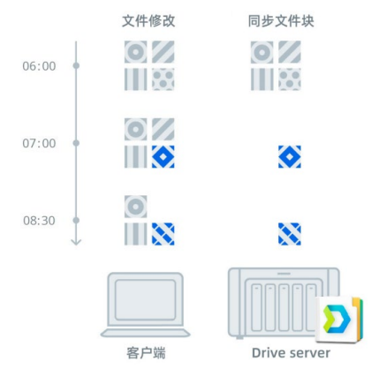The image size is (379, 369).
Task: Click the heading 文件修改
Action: tap(148, 21)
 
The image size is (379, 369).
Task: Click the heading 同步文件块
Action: tap(281, 21)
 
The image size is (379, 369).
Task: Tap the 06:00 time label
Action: tap(39, 66)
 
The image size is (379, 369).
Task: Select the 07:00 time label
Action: tap(39, 144)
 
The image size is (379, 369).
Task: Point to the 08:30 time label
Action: tap(39, 221)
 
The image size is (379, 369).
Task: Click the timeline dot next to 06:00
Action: tap(76, 65)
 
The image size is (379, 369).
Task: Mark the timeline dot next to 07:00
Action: tap(76, 143)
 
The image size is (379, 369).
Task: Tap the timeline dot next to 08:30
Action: tap(76, 220)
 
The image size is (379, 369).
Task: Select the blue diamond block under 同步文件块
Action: tap(290, 157)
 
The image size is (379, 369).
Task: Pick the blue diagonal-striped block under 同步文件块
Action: tap(290, 234)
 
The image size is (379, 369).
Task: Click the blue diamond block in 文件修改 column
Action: tap(163, 157)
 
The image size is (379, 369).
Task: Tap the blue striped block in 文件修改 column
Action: tap(163, 234)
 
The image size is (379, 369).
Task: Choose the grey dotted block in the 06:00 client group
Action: tap(163, 79)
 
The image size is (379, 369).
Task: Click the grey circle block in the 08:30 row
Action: tap(135, 207)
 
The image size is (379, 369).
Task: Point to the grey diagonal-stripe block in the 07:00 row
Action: tap(163, 130)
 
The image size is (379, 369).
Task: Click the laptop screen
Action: tap(146, 300)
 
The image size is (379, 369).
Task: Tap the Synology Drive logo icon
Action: tap(339, 320)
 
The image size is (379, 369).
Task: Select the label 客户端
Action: tap(146, 353)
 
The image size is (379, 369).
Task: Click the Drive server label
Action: tap(291, 353)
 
